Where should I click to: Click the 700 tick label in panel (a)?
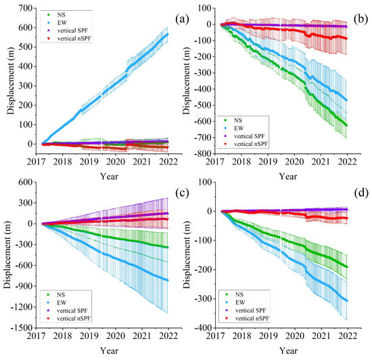pos(25,9)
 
